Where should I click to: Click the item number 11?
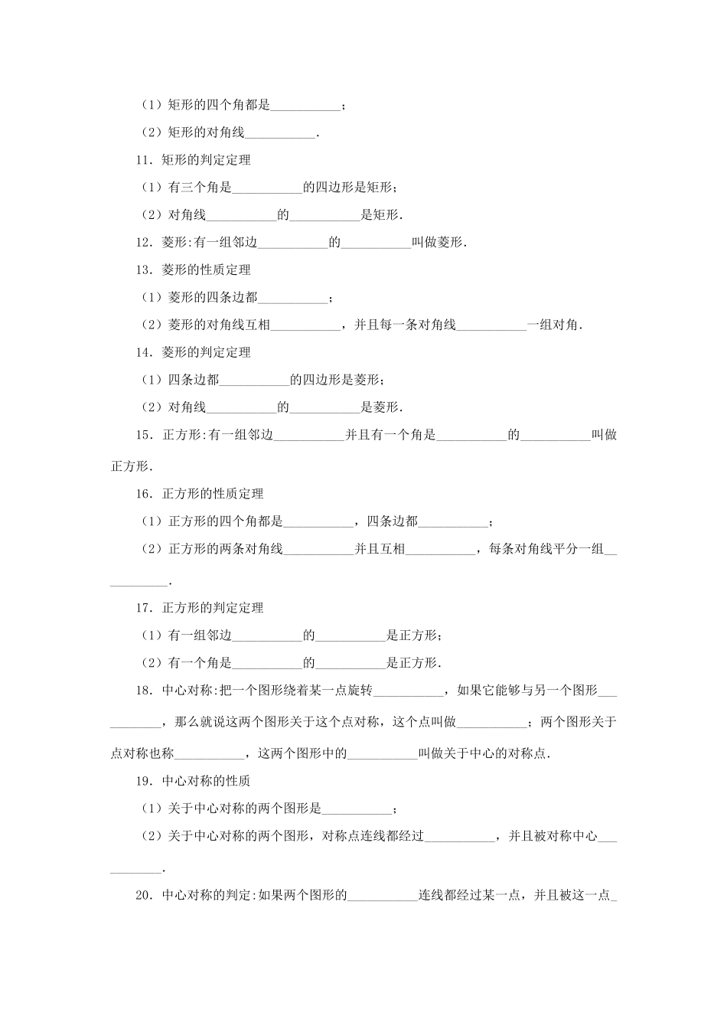[x=144, y=161]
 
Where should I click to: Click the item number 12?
[x=144, y=243]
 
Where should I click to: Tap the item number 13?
[x=144, y=270]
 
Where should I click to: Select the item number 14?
[x=144, y=353]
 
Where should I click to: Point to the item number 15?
[x=144, y=436]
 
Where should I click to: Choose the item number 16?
[x=144, y=495]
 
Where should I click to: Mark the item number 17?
[x=144, y=609]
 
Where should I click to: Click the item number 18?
[x=144, y=691]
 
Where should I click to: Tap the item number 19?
[x=144, y=782]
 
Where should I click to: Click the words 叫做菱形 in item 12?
[x=438, y=243]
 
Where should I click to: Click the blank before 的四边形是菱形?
[x=254, y=381]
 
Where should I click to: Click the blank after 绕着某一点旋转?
[x=408, y=691]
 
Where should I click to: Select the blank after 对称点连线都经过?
[x=459, y=838]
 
